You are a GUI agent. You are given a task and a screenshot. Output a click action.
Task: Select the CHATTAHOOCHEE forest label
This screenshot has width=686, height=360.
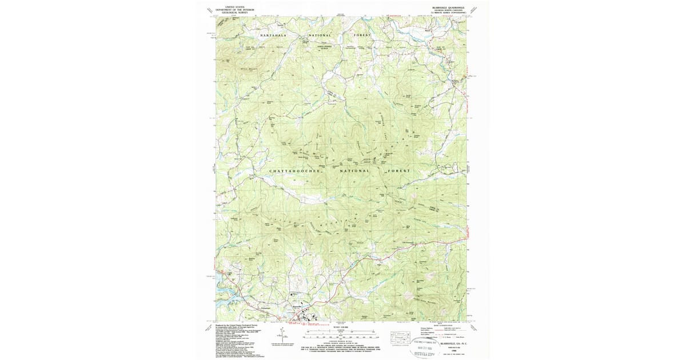click(x=291, y=170)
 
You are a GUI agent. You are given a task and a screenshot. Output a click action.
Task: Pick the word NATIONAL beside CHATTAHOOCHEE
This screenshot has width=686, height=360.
click(x=356, y=170)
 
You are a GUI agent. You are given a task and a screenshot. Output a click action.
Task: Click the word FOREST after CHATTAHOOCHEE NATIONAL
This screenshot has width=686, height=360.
click(x=398, y=170)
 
